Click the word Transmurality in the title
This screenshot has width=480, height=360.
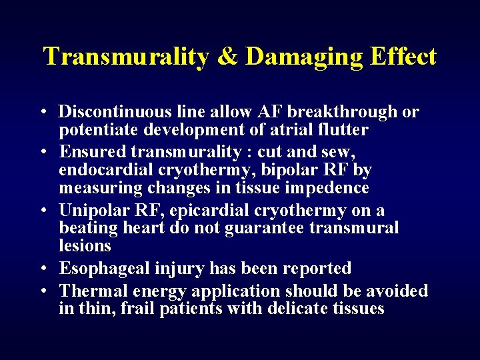(x=126, y=57)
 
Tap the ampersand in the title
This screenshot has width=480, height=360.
(x=227, y=57)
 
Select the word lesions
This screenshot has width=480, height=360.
(x=85, y=245)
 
